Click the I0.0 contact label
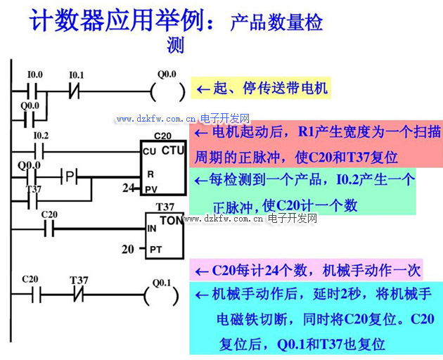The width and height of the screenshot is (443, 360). point(34,75)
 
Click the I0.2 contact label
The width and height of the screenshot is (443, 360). point(41,135)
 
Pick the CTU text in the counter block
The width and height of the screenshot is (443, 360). point(173,150)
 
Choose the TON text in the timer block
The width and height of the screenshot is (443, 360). point(171,220)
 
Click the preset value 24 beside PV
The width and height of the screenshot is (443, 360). point(127,188)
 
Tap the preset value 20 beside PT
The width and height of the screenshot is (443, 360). point(127,249)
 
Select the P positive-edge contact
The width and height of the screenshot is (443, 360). point(70,174)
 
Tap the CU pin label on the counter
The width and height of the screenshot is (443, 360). point(148,152)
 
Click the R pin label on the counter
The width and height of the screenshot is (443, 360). point(149,173)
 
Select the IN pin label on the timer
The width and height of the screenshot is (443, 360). point(151,229)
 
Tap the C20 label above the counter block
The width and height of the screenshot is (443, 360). point(162,136)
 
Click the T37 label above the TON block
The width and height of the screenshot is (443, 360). point(165,207)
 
